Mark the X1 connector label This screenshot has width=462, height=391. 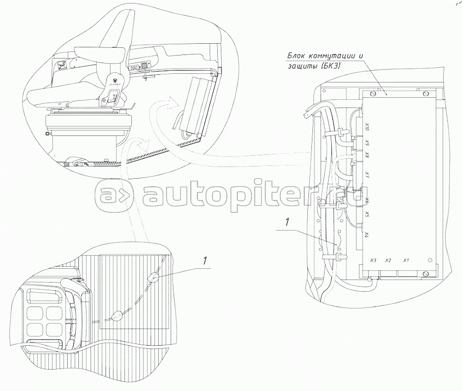tap(406, 261)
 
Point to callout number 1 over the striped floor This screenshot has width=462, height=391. tap(205, 261)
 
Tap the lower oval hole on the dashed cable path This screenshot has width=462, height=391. tap(117, 316)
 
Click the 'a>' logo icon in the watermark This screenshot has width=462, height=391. tap(115, 194)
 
